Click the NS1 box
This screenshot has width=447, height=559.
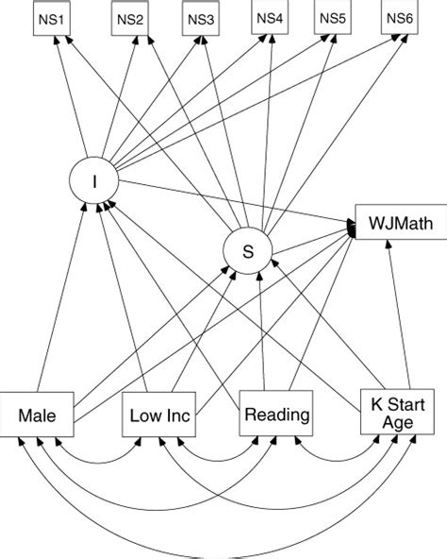coord(47,19)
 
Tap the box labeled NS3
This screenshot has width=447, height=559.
coord(200,20)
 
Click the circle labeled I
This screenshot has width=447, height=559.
coord(94,177)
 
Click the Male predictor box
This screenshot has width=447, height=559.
coord(38,415)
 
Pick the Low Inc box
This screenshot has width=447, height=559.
coord(158,415)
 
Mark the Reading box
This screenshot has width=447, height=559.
coord(275,414)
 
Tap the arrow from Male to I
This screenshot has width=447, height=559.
coord(71,293)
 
